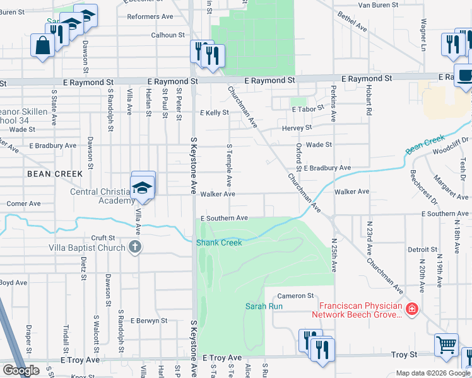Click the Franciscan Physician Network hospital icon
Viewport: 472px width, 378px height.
click(x=412, y=309)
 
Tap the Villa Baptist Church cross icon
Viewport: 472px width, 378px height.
click(x=134, y=247)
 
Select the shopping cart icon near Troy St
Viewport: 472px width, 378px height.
click(x=446, y=345)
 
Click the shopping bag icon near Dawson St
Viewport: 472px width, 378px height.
click(x=42, y=45)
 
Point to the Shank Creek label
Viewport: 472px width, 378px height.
click(x=219, y=243)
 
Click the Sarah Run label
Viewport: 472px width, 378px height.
click(x=264, y=306)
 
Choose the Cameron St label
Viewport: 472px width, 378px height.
click(x=295, y=295)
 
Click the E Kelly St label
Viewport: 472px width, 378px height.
click(x=214, y=113)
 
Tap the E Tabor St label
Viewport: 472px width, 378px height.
click(x=308, y=108)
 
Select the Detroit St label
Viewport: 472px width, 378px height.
click(x=423, y=250)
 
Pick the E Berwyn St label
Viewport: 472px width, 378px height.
click(x=149, y=320)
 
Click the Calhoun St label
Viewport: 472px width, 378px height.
click(x=167, y=35)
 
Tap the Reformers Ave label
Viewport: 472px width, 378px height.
click(x=151, y=16)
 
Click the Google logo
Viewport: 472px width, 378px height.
click(x=21, y=370)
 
